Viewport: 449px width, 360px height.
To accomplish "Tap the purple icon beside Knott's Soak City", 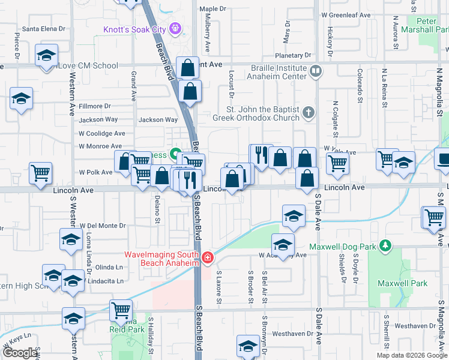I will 175,28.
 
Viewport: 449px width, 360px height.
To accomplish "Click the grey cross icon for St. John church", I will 308,112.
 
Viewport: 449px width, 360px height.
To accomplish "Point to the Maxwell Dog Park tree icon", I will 385,246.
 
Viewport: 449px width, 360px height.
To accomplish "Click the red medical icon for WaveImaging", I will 208,258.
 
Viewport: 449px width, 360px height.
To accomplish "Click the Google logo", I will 20,353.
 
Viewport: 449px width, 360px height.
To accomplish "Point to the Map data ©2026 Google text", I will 412,355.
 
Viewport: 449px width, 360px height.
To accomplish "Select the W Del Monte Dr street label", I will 102,226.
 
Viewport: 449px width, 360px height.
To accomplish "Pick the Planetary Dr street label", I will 291,55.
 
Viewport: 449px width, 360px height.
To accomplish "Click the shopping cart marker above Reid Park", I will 121,311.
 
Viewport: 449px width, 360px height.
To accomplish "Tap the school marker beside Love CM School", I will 46,55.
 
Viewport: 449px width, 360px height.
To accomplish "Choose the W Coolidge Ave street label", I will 101,133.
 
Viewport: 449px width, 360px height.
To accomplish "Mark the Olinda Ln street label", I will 108,267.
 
